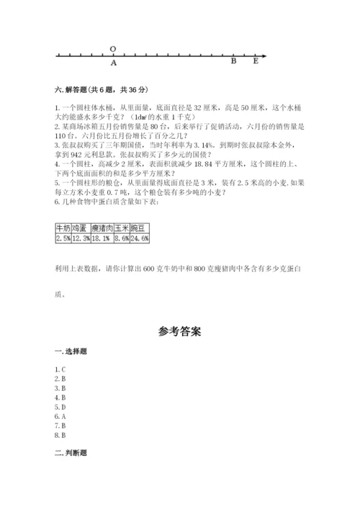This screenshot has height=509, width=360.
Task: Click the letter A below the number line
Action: click(x=113, y=63)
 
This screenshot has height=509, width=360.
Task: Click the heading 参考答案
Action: click(x=179, y=333)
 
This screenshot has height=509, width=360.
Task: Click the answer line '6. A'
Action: click(x=60, y=416)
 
